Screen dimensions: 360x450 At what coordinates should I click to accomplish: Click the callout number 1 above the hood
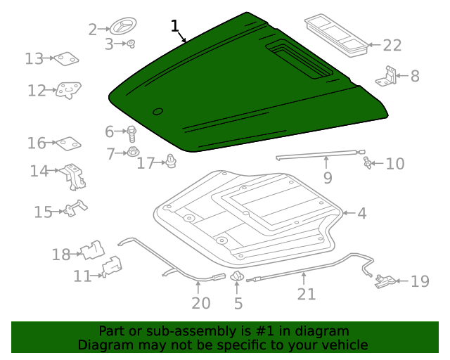pos(175,27)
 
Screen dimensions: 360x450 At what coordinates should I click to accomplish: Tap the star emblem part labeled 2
pos(120,28)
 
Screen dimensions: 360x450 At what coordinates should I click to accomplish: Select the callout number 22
pos(392,46)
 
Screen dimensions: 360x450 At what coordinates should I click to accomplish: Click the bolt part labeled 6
pos(131,131)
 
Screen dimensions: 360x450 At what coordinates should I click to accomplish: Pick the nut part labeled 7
pos(132,152)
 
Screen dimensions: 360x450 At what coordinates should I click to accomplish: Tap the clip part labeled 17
pos(171,162)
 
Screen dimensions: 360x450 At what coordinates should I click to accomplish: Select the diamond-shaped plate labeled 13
pos(67,60)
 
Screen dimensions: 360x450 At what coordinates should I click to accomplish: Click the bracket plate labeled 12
pos(68,90)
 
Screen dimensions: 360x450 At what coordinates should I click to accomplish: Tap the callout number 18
pos(61,255)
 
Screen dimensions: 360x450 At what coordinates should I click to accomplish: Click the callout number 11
pos(82,276)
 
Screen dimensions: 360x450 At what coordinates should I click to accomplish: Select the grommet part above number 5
pos(237,277)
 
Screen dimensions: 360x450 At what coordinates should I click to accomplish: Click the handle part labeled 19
pos(385,282)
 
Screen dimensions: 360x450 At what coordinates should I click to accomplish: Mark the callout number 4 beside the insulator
pos(361,213)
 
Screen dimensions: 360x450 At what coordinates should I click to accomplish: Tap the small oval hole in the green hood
pos(157,111)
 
